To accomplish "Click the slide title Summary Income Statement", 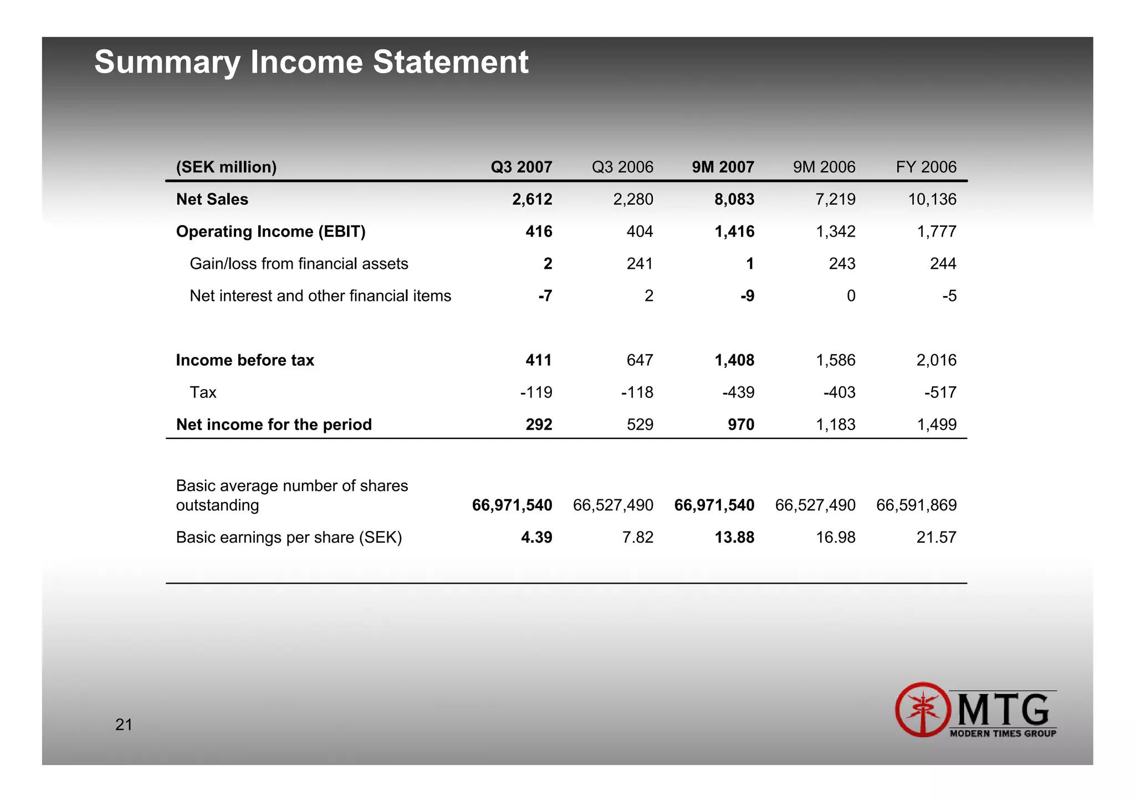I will click(311, 62).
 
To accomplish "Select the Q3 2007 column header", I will click(521, 167).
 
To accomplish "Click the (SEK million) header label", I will click(226, 167).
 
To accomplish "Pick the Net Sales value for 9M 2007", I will click(734, 199).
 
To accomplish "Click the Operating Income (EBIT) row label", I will click(270, 231).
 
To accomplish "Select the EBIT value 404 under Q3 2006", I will click(640, 231).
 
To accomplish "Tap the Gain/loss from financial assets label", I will click(299, 263).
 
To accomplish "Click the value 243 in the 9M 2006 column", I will click(842, 263).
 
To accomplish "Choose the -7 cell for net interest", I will click(545, 295).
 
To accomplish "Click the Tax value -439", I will click(738, 392).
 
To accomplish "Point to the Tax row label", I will click(203, 392).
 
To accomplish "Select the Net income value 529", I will click(640, 425).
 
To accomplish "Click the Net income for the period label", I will click(274, 425).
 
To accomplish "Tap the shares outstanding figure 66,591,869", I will click(916, 505).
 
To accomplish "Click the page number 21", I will click(124, 724).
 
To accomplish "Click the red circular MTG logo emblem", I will click(923, 709).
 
